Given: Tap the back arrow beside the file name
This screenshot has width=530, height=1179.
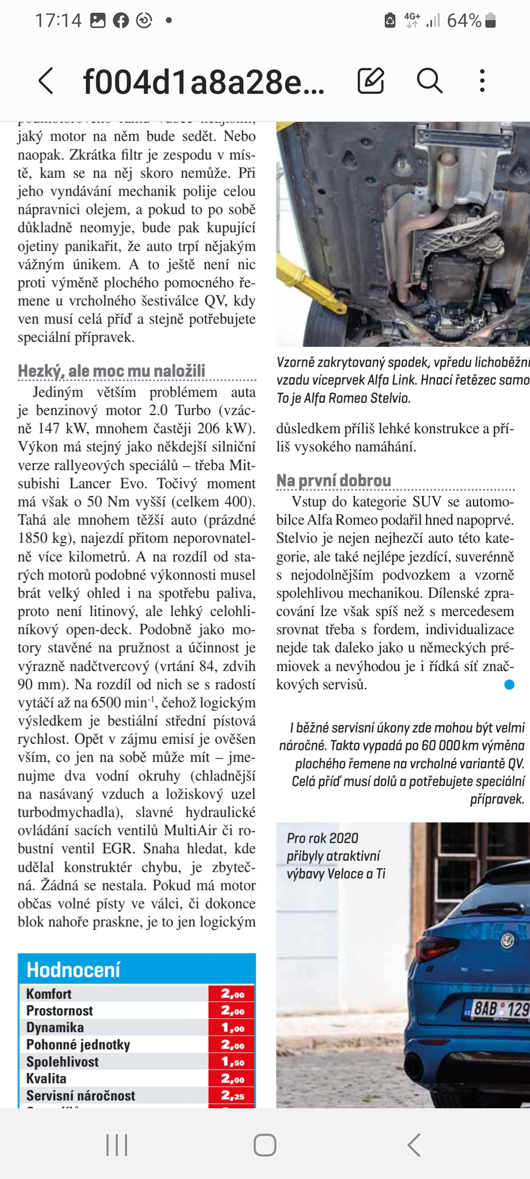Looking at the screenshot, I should (46, 81).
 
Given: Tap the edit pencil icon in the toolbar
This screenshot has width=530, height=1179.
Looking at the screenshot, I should (371, 81).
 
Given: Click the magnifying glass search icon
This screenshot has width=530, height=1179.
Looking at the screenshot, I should (429, 81).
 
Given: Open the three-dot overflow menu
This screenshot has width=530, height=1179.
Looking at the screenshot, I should (482, 81).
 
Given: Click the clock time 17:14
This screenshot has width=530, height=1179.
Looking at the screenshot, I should (58, 21).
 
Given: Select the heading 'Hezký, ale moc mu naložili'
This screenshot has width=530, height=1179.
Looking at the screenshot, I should (111, 371).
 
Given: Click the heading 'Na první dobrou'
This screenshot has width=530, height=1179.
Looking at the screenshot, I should (334, 480).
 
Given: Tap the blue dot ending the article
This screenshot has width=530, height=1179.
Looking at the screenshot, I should (509, 684).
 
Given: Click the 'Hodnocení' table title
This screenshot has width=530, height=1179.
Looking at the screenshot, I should (73, 970).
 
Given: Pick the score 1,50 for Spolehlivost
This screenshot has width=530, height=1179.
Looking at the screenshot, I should (232, 1062).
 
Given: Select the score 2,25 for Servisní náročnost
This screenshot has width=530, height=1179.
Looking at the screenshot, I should (232, 1095).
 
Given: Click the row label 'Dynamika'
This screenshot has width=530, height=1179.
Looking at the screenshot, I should (55, 1028).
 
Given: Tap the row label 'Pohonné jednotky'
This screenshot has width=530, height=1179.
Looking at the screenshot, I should (78, 1045).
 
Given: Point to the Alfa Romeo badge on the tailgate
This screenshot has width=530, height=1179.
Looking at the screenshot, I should (507, 940).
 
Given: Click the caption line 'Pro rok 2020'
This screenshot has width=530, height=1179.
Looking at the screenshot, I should (322, 838).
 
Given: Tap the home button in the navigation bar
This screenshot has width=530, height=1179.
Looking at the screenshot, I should (265, 1145).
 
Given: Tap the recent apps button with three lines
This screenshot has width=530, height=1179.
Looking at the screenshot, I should (117, 1145).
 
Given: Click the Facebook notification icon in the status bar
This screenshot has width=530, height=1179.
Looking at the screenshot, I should (121, 21).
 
